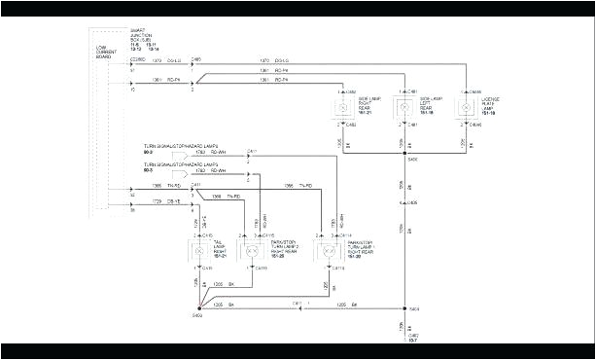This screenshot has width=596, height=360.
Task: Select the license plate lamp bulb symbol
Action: [x=464, y=108]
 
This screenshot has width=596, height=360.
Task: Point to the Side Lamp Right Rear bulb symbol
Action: [x=343, y=108]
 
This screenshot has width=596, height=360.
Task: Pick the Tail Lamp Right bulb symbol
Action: [x=198, y=250]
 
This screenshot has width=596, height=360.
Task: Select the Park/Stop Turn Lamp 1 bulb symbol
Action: [x=322, y=250]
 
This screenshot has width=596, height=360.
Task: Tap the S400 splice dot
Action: [x=404, y=154]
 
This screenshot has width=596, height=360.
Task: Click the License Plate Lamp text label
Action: [x=485, y=104]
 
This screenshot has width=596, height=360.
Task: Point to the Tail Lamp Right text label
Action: [x=219, y=247]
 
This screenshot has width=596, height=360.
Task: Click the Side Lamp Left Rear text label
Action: [x=429, y=104]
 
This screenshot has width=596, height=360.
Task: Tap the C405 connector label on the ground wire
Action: [x=413, y=202]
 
